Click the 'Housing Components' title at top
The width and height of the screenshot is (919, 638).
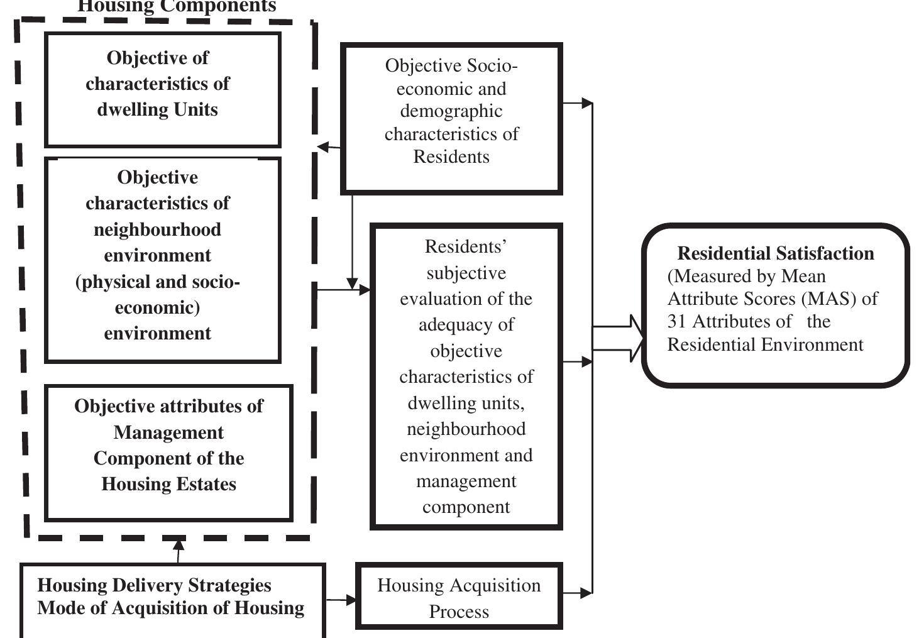(176, 7)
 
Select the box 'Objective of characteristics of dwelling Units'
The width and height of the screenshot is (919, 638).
(162, 89)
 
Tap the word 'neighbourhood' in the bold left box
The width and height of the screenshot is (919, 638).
(157, 229)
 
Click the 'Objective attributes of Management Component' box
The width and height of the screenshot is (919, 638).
(168, 453)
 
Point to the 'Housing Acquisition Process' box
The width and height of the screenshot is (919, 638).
(458, 597)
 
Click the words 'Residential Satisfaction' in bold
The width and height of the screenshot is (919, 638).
(775, 253)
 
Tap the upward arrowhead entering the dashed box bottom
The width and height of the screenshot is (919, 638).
(179, 544)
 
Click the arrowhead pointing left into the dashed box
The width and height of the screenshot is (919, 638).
(324, 147)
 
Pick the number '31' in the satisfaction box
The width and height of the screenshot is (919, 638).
(677, 322)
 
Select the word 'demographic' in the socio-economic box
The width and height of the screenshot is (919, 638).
(451, 111)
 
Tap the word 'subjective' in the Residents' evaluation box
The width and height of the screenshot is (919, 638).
(466, 273)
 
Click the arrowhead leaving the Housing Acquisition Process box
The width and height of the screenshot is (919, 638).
(586, 593)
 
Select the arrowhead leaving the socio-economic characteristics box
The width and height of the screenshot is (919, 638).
(586, 103)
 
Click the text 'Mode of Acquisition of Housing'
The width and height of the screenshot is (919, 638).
(170, 608)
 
